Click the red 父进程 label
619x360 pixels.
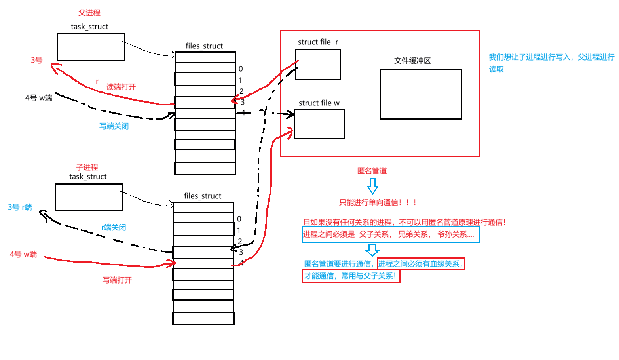pos(89,13)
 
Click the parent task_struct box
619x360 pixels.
pos(91,47)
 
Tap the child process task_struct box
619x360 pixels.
pos(89,197)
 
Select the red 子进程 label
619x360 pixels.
pos(87,167)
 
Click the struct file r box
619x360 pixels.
pos(318,65)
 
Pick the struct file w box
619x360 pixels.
pos(319,124)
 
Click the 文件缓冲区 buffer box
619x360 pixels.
pos(421,94)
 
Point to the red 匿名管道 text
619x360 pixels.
pos(372,171)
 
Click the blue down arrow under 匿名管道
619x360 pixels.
pos(372,186)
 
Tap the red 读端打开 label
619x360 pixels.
pos(121,87)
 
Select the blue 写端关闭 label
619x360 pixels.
pos(114,126)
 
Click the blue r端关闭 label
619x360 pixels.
pos(114,227)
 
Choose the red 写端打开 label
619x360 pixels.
pos(117,280)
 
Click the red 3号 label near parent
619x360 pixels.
pos(36,60)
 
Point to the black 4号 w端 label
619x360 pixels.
pos(39,98)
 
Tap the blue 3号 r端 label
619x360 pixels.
pos(20,207)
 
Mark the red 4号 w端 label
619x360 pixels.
pos(23,254)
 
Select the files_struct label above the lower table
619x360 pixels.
pos(203,196)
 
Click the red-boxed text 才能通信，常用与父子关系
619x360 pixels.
pos(351,276)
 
